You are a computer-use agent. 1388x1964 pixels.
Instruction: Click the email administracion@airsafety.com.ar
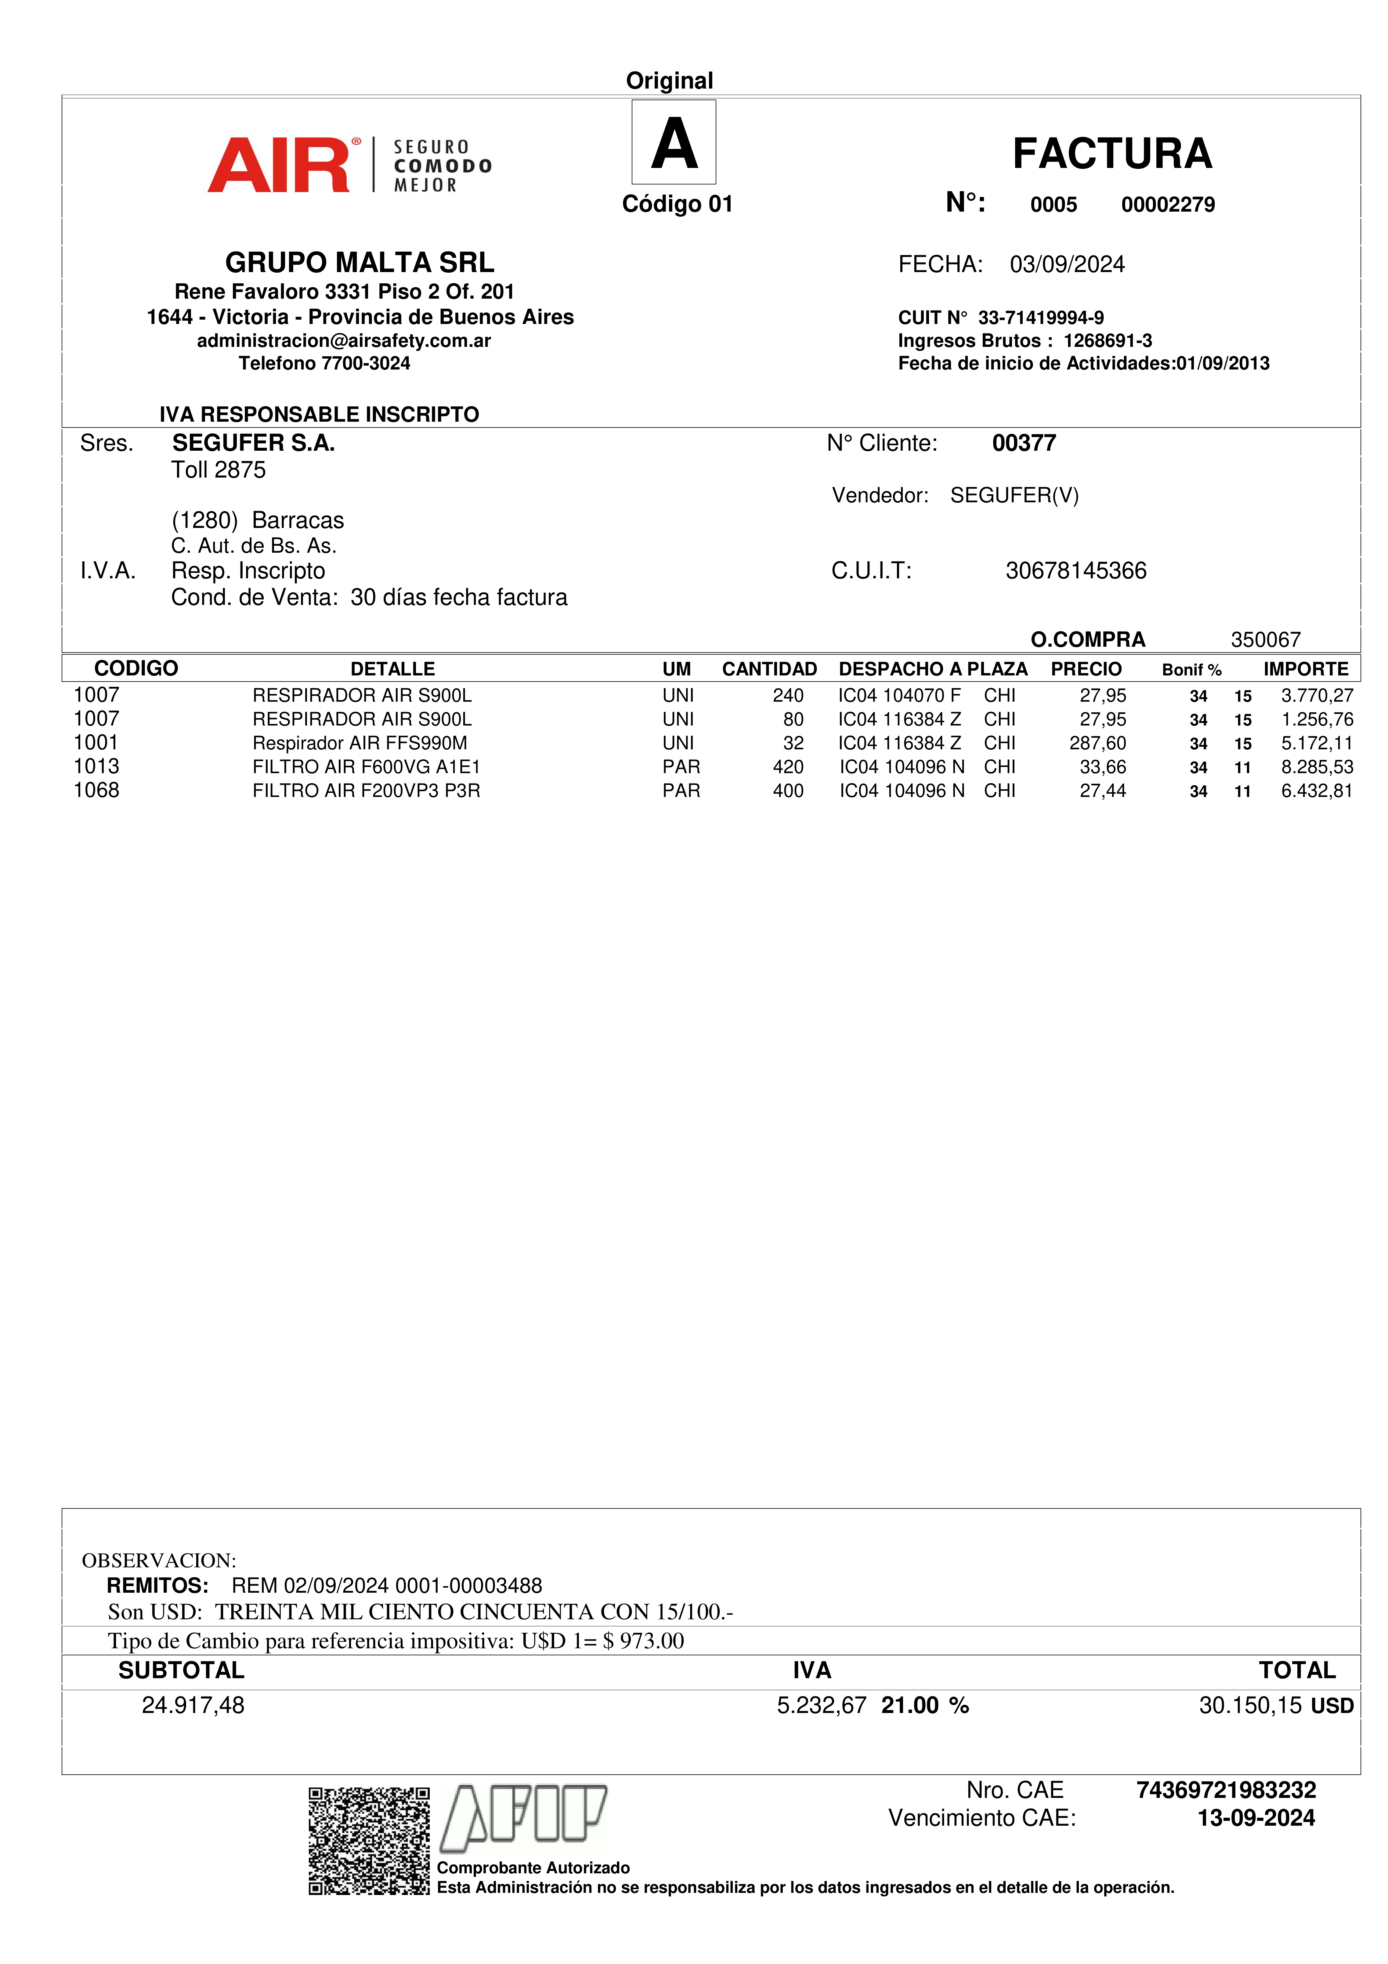point(344,340)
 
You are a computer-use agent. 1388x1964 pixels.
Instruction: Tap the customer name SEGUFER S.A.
point(253,443)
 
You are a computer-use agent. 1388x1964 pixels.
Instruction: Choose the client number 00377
point(1024,443)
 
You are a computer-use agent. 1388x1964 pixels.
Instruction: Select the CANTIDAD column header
point(769,669)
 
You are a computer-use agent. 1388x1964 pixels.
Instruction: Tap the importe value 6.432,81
point(1316,791)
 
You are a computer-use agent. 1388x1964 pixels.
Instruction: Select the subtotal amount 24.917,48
point(193,1706)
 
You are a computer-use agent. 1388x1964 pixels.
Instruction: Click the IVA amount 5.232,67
point(821,1706)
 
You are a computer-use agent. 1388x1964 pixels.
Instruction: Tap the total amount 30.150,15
point(1249,1706)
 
